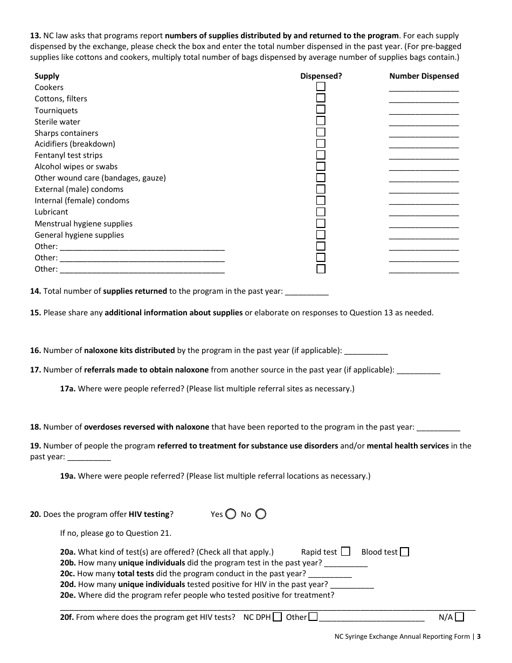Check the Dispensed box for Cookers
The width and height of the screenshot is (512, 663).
point(321,87)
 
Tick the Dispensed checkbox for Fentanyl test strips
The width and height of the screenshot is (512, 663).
point(321,155)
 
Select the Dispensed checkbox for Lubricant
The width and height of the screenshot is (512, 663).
point(321,212)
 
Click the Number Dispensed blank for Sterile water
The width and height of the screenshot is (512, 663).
point(424,123)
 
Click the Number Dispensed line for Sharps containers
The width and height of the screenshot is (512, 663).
point(424,134)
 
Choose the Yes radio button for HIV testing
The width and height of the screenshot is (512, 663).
point(231,514)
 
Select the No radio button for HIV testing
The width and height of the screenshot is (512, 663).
point(260,514)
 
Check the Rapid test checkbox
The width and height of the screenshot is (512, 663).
point(345,551)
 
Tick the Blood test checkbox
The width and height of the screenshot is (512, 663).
point(404,551)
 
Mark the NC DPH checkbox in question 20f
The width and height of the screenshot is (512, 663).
point(277,617)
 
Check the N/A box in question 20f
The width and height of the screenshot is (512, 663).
point(461,617)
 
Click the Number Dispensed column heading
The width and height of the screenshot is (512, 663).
point(424,76)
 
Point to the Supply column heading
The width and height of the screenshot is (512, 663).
point(47,76)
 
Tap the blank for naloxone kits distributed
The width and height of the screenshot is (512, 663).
point(366,351)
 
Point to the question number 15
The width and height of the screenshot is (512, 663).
point(35,313)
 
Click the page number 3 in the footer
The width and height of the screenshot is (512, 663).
point(478,636)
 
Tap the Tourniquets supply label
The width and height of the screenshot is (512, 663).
point(56,110)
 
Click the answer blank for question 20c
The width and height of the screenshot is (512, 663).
point(330,575)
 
